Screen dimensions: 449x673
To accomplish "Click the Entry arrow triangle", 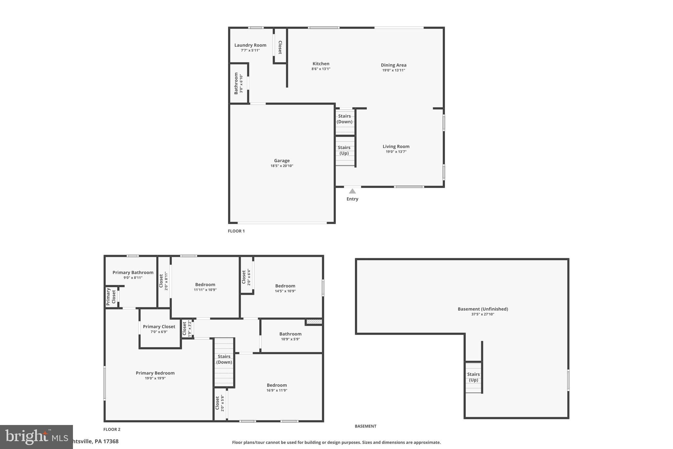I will point(352,191).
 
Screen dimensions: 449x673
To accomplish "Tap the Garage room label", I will point(282,161).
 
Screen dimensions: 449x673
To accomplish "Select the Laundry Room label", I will point(250,45).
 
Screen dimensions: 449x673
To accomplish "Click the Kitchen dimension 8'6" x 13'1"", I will point(321,69).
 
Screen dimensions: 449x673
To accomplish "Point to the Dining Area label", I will point(393,65).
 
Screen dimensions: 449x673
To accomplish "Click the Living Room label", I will point(396,147).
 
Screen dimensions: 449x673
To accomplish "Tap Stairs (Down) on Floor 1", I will point(344,119).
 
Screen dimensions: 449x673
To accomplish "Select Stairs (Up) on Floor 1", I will point(344,150).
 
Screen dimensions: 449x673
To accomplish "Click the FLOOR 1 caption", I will point(236,231).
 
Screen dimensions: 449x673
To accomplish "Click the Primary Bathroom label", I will point(133,273).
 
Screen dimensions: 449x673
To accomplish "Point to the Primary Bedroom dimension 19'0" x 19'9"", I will point(155,378).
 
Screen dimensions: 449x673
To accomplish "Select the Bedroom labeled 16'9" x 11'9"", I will point(277,386).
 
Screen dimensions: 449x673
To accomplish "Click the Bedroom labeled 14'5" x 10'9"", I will point(285,286).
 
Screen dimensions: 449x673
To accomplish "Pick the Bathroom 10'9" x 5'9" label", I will point(290,334).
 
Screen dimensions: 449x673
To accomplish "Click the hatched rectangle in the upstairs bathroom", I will point(314,322).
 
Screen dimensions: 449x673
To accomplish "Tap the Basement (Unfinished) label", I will point(482,309).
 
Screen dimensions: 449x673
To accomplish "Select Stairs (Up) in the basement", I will point(473,377).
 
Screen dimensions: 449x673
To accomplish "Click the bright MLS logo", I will point(36,437).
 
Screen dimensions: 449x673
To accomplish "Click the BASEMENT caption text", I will point(365,426).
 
